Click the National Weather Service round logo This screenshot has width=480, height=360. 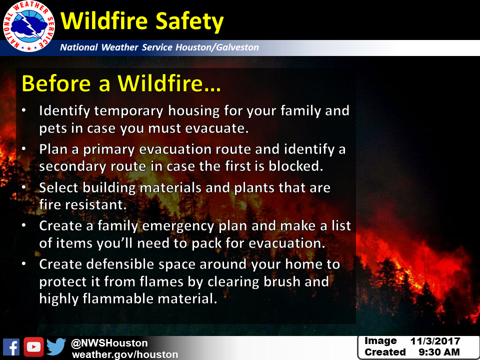coord(29,26)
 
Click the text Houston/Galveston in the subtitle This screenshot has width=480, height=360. coord(217,47)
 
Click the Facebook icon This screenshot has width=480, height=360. coord(11,347)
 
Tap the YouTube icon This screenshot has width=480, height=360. coord(33,347)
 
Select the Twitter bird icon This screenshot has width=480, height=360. coord(56,346)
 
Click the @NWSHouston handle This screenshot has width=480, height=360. coord(109,343)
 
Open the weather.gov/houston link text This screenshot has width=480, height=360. coord(125,354)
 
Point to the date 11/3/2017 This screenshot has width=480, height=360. coord(435,341)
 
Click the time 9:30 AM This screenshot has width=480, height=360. coord(439,352)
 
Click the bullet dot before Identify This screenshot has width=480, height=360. coord(24,110)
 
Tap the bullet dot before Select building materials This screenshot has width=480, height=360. coord(24,187)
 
